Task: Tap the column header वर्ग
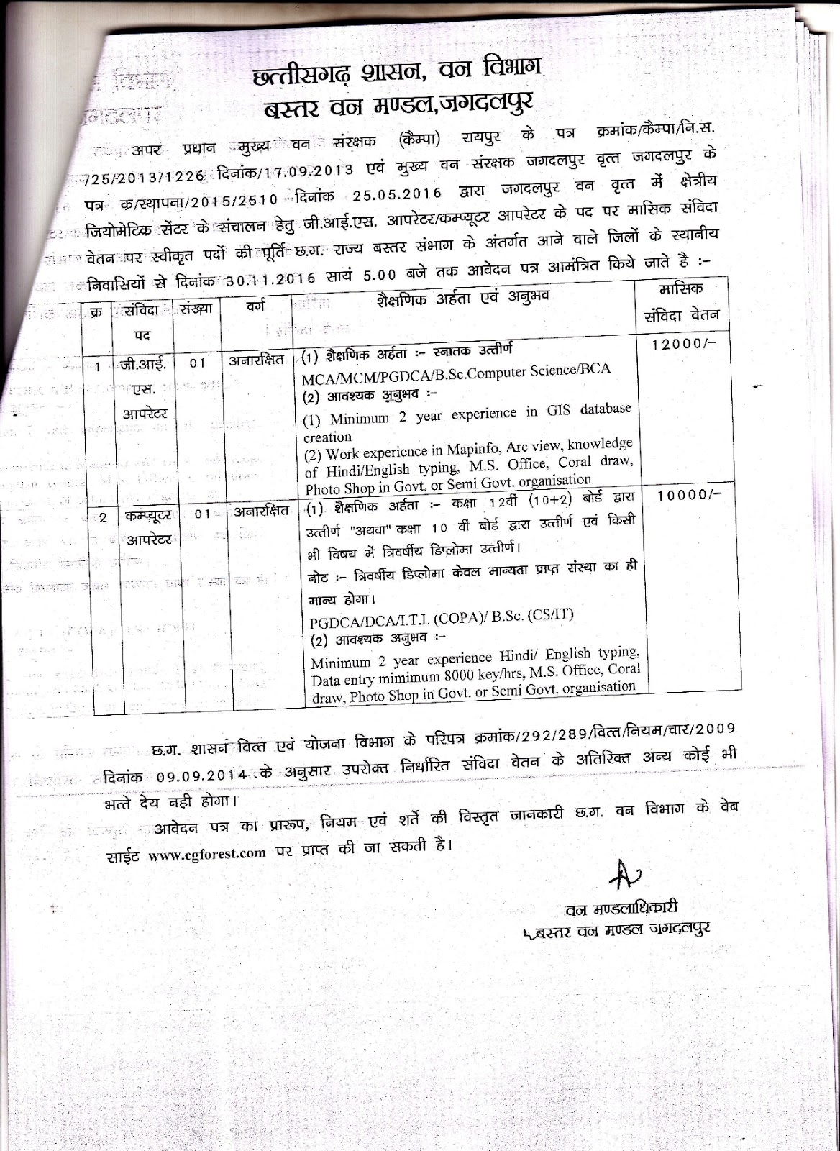point(255,306)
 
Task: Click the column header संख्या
point(197,310)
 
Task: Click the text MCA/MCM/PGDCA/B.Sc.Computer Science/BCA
point(457,370)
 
